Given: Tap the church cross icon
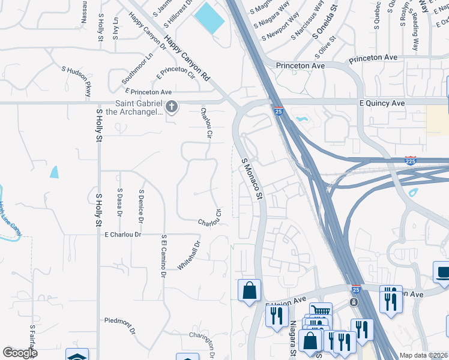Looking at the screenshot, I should tap(172, 107).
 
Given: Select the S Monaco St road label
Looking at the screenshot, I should tap(252, 178).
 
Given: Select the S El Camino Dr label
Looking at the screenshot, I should tap(163, 256).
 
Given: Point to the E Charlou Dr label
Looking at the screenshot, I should tap(122, 235).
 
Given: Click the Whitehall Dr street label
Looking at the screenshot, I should tap(188, 256).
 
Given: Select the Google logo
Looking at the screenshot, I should tap(19, 353).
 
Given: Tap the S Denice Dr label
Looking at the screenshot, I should tap(141, 202).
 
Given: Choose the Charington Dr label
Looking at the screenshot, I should tap(203, 344).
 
